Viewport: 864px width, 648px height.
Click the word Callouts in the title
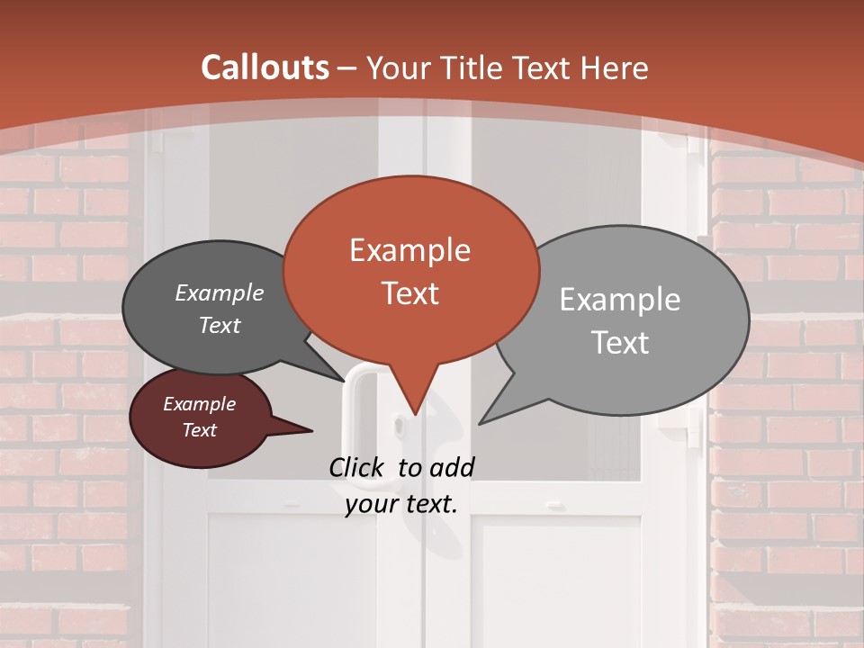265,67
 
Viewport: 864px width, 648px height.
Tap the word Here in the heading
616,67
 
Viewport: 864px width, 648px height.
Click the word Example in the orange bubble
409,250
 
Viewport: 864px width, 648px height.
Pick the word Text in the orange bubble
409,293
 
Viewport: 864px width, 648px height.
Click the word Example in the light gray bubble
619,300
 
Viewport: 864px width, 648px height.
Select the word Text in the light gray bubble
621,343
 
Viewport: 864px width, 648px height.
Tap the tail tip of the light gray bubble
481,422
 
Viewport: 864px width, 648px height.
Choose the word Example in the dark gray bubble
219,293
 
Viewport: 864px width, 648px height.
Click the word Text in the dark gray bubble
219,326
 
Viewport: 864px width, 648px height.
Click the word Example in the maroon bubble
199,404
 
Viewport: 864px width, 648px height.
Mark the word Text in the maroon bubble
199,430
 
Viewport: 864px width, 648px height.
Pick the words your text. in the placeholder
401,504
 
